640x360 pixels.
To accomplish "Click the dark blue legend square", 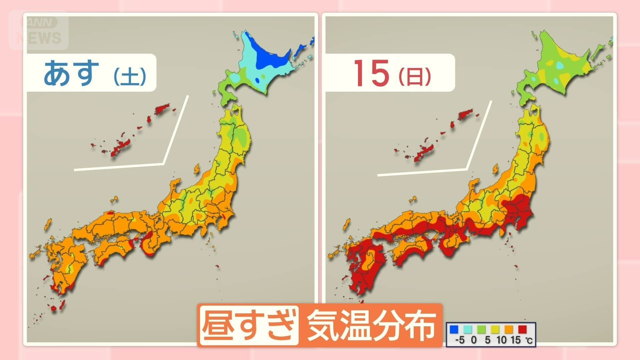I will [454, 330].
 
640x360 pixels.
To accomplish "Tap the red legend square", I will [522, 330].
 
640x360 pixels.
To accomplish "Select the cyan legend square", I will [468, 330].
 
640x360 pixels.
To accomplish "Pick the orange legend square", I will [509, 330].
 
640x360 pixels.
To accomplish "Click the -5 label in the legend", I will [460, 340].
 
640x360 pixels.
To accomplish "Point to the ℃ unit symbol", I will [529, 340].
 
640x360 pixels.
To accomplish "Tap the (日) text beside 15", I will [415, 76].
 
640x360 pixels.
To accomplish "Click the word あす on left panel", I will [71, 72].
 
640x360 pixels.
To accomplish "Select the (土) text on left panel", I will [130, 76].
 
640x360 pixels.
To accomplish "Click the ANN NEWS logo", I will [39, 31].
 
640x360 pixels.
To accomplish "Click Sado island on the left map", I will [197, 169].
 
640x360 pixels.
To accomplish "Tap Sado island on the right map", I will [495, 169].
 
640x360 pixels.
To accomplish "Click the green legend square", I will [481, 330].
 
